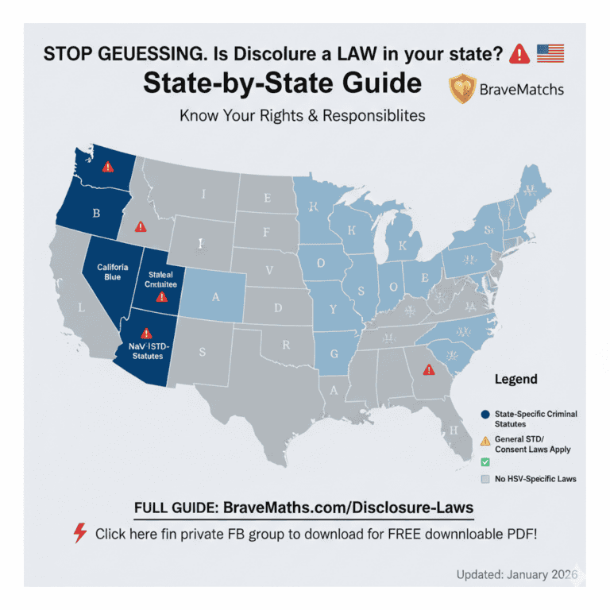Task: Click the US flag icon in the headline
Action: click(550, 53)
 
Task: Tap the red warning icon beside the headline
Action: click(519, 54)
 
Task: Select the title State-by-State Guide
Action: click(282, 83)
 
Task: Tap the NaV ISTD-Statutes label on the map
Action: click(145, 350)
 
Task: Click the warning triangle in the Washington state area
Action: click(108, 167)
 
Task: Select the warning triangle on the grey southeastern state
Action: click(429, 369)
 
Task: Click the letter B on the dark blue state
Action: click(96, 213)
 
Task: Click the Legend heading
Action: click(515, 379)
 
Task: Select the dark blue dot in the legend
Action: click(485, 415)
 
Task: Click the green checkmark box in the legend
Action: click(485, 461)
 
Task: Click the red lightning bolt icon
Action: click(79, 533)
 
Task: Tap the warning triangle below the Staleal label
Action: click(161, 297)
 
